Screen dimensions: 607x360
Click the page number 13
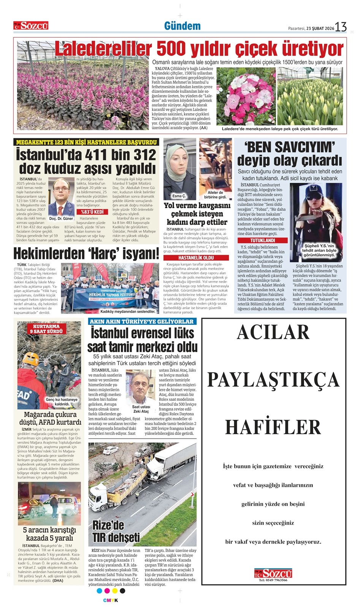click(341, 27)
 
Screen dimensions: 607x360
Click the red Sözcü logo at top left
click(31, 26)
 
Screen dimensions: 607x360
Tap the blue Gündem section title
click(182, 26)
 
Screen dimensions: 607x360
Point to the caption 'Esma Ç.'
click(179, 196)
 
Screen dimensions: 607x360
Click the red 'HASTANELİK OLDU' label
click(196, 258)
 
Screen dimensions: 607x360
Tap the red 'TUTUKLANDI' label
click(262, 240)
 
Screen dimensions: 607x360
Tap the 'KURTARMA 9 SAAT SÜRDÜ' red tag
click(47, 329)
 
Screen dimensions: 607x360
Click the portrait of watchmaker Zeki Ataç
click(141, 387)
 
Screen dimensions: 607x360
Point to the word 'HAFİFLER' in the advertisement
click(273, 427)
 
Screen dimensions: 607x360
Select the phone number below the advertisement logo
click(273, 580)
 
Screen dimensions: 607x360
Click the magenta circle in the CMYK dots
click(107, 591)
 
